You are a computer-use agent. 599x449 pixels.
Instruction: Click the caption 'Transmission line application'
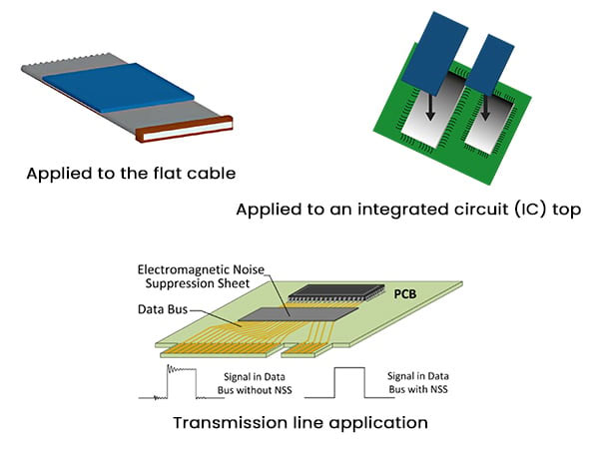coord(299,422)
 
